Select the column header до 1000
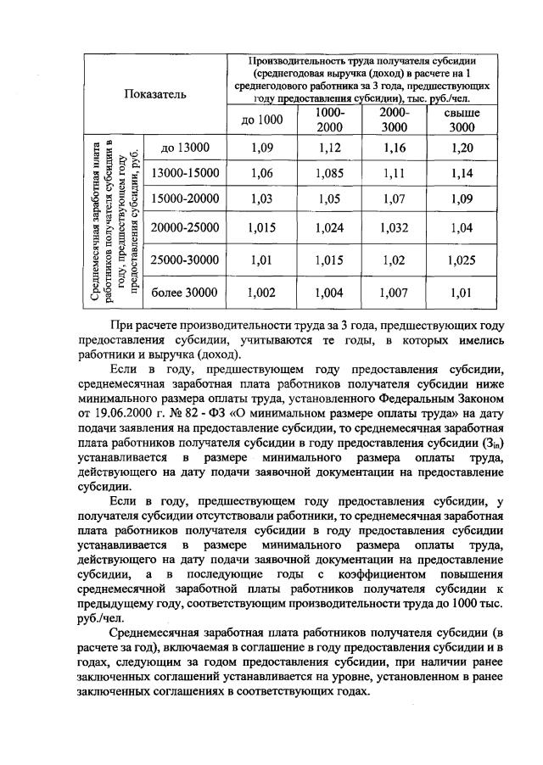pyautogui.click(x=261, y=120)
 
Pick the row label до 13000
pyautogui.click(x=184, y=148)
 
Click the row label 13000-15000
pyautogui.click(x=184, y=174)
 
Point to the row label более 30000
pyautogui.click(x=184, y=293)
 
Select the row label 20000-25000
pyautogui.click(x=184, y=227)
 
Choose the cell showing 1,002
pyautogui.click(x=261, y=293)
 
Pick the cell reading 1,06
pyautogui.click(x=261, y=174)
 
